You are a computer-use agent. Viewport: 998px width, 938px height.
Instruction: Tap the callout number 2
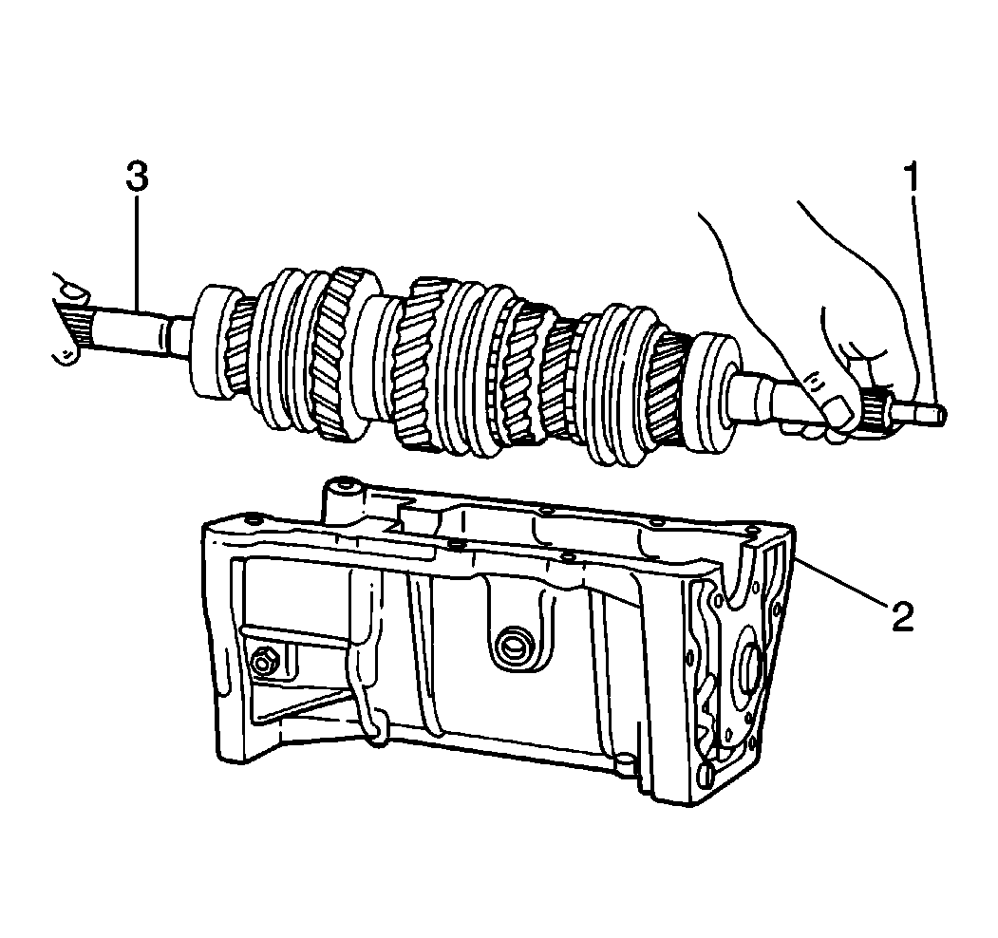pyautogui.click(x=903, y=615)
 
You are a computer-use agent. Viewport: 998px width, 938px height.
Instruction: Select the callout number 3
pyautogui.click(x=137, y=177)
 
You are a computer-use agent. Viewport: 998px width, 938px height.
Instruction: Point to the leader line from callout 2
pyautogui.click(x=840, y=579)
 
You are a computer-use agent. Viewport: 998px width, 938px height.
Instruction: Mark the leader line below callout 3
pyautogui.click(x=137, y=252)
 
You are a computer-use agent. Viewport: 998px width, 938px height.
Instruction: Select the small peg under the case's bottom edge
pyautogui.click(x=627, y=763)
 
